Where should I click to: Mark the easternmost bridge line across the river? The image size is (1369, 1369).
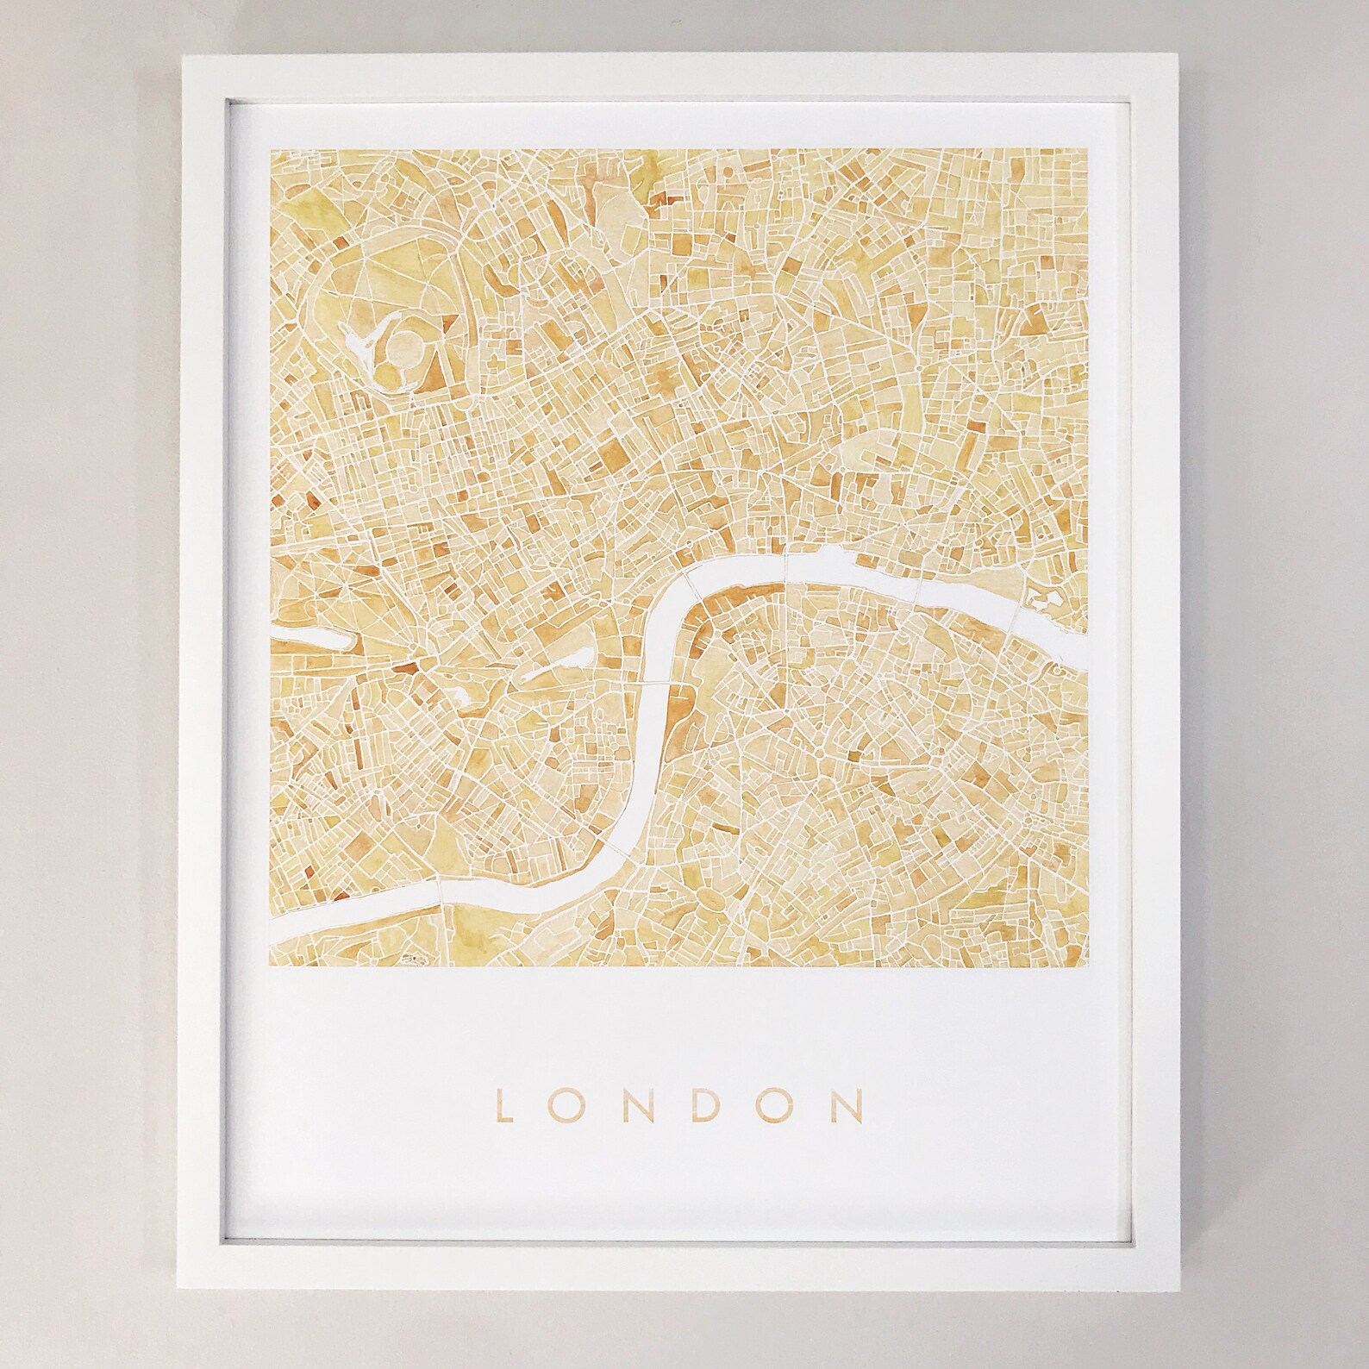pyautogui.click(x=1016, y=613)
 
